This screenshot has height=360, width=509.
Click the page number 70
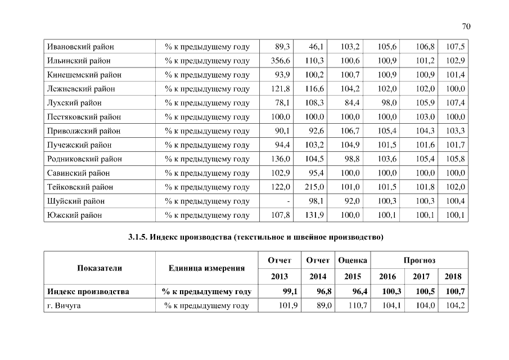466,26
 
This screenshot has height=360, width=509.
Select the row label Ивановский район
80,47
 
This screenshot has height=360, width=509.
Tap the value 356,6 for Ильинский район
280,61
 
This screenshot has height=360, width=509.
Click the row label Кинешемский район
84,75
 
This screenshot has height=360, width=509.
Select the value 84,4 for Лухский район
352,103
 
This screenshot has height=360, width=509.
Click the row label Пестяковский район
84,117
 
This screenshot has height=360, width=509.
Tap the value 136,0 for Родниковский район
280,159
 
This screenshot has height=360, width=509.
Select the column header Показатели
100,268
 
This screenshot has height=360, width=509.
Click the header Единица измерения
206,268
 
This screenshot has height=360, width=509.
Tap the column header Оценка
353,260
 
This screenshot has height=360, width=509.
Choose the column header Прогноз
419,260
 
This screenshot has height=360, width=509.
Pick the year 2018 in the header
453,277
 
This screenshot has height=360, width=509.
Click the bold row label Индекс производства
88,291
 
